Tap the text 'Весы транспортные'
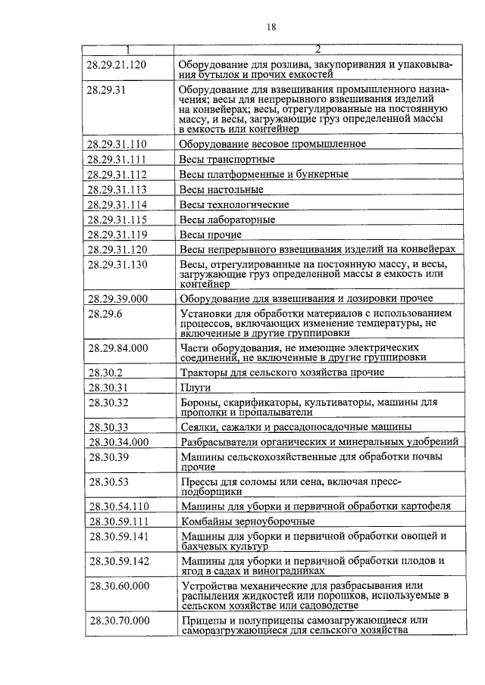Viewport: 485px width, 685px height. (x=227, y=160)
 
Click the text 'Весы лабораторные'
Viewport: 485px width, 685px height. (x=227, y=220)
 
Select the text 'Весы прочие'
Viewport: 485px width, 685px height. (x=210, y=235)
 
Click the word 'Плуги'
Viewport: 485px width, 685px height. (x=195, y=388)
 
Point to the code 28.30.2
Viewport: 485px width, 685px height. (x=106, y=372)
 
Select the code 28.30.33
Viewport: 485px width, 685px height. (x=108, y=426)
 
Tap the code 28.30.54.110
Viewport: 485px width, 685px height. (x=119, y=506)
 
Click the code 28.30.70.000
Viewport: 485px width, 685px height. (x=119, y=621)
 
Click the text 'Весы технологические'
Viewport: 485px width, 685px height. (x=234, y=205)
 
